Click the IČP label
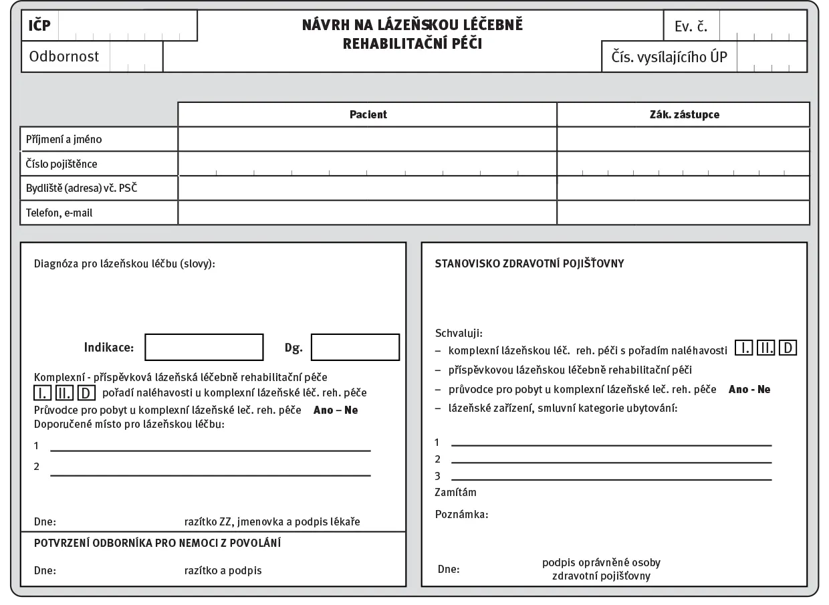coord(39,27)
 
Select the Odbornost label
coord(64,57)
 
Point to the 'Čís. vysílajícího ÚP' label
coord(669,57)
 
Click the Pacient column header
coord(368,114)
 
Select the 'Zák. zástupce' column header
coord(683,114)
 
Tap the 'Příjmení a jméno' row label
coord(64,140)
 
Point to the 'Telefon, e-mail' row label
coord(60,213)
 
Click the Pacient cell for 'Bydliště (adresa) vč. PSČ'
coord(367,189)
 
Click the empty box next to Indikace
coord(204,348)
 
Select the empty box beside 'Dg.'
coord(355,348)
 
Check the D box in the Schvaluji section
coord(788,348)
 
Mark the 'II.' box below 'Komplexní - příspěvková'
coord(65,392)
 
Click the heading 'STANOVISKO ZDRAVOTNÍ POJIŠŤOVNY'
coord(529,263)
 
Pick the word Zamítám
coord(455,493)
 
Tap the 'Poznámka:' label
coord(461,515)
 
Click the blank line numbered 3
coord(611,479)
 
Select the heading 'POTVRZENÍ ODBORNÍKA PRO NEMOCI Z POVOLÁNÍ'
coord(157,543)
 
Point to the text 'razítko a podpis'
coord(223,571)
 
